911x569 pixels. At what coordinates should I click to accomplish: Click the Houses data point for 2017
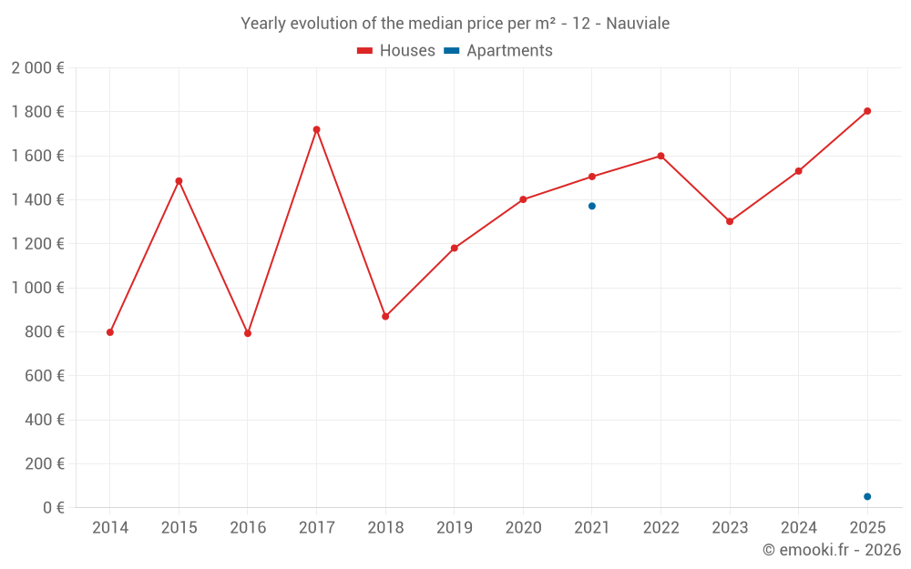click(x=316, y=129)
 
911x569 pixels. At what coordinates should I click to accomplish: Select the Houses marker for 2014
click(x=110, y=332)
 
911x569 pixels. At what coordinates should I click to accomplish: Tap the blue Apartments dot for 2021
click(x=592, y=206)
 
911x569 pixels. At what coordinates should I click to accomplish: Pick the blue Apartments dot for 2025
click(x=867, y=496)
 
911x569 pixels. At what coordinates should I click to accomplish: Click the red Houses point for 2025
click(x=867, y=111)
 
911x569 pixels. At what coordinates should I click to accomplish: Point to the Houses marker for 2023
click(x=730, y=221)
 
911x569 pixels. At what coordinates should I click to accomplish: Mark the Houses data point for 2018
click(x=385, y=317)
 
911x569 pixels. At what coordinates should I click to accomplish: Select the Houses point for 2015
click(x=179, y=180)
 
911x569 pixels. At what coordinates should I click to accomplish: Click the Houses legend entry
click(x=396, y=51)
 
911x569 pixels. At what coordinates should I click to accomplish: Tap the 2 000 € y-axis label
click(x=37, y=68)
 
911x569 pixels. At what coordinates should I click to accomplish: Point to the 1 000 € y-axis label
click(x=37, y=288)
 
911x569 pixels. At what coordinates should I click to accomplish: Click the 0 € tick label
click(x=54, y=508)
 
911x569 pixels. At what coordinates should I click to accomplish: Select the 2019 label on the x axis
click(x=454, y=528)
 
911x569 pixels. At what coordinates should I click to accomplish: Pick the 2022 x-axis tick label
click(x=660, y=528)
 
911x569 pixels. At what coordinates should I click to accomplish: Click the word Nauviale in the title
click(x=639, y=24)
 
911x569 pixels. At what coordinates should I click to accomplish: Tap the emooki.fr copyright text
click(x=832, y=550)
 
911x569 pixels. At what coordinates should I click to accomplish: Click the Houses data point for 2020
click(x=523, y=199)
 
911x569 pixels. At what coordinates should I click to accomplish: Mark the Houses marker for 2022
click(x=660, y=156)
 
